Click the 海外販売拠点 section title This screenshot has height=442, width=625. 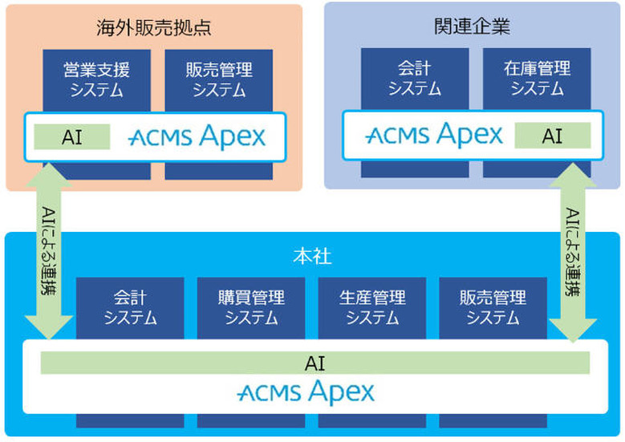pos(153,27)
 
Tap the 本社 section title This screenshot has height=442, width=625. pos(311,257)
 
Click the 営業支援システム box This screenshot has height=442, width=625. pos(97,79)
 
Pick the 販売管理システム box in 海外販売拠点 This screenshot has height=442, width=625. pos(219,79)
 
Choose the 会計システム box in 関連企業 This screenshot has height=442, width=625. pos(414,79)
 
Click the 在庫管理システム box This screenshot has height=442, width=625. pos(537,79)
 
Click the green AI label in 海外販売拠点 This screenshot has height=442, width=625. pos(72,137)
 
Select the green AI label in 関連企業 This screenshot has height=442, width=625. pos(553,136)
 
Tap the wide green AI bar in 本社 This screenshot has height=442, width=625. pos(315,363)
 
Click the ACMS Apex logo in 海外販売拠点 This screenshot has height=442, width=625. pos(197,137)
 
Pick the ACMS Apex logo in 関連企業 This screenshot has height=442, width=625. pos(434,135)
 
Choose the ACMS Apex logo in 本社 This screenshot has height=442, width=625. pos(306,392)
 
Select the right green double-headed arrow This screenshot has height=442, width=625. pos(573,253)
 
